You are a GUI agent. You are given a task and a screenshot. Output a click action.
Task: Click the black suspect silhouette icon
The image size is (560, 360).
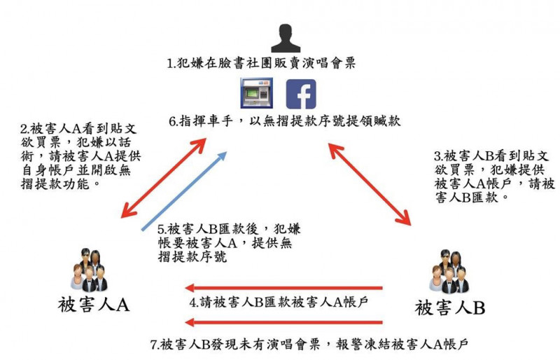tap(286, 39)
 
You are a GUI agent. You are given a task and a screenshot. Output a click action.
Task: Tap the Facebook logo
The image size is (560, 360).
tap(301, 94)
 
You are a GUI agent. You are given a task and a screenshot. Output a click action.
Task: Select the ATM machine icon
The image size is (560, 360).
tap(256, 93)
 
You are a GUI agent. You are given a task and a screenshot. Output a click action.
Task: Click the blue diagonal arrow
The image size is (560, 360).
tap(184, 191)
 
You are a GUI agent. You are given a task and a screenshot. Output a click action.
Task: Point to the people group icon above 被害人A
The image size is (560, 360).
tap(90, 270)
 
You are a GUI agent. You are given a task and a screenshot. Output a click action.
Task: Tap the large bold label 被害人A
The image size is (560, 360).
tap(94, 305)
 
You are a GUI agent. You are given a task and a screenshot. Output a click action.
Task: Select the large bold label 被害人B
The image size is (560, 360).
tap(449, 307)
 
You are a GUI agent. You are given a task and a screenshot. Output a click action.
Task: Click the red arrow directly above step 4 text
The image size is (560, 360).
tap(284, 287)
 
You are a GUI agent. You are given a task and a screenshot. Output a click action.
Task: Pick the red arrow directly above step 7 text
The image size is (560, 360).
tap(284, 322)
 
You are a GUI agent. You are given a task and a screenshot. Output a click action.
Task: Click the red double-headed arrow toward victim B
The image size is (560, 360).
tap(370, 184)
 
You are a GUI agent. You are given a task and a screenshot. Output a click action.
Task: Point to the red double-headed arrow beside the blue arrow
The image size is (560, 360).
tap(164, 178)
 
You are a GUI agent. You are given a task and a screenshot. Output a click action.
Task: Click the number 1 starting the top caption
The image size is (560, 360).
tap(170, 64)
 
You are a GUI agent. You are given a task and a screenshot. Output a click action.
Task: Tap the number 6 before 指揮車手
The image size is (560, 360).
tap(172, 122)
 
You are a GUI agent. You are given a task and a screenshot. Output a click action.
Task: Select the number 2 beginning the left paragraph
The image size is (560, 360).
tap(24, 129)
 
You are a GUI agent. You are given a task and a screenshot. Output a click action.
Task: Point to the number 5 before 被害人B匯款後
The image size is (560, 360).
tap(161, 229)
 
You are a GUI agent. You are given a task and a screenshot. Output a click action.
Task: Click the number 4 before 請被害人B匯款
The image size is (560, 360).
tap(193, 303)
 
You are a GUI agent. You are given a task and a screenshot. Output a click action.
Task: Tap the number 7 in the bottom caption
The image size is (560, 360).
tap(154, 345)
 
